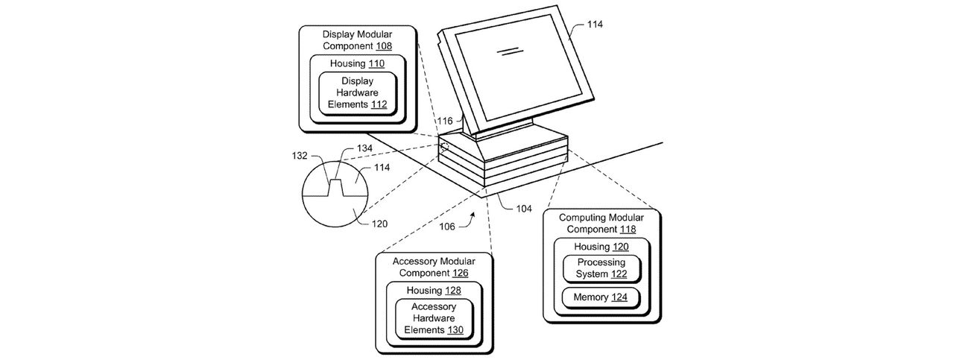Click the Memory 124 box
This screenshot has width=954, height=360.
click(601, 297)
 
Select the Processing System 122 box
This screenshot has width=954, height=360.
click(601, 268)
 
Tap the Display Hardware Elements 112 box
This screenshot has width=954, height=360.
click(358, 93)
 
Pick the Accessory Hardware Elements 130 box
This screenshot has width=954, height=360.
click(434, 318)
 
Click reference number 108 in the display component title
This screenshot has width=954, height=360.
click(384, 46)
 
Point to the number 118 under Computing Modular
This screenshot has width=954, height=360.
click(628, 230)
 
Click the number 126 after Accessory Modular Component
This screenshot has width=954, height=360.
click(460, 273)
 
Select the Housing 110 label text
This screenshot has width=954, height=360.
click(357, 63)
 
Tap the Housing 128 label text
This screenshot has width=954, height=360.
click(434, 291)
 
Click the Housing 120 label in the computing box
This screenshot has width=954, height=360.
click(601, 247)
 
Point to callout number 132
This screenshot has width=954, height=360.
click(300, 156)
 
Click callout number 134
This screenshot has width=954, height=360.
click(364, 148)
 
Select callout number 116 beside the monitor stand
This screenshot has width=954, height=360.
click(445, 121)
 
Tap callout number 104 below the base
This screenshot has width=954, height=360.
click(524, 209)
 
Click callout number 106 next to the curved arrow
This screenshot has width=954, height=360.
click(447, 227)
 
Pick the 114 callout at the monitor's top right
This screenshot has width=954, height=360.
click(595, 25)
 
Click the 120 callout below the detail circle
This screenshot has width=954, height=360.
click(379, 224)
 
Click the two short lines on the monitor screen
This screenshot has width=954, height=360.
click(511, 51)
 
